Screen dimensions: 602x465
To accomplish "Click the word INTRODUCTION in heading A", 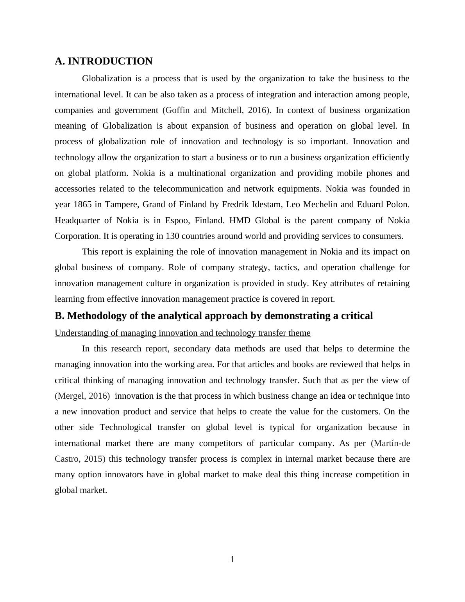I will pos(110,61).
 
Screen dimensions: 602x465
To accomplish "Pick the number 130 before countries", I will pos(173,236).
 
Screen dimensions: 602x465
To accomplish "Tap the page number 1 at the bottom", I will pos(232,559).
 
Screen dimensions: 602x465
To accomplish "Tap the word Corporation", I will pos(78,236).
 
